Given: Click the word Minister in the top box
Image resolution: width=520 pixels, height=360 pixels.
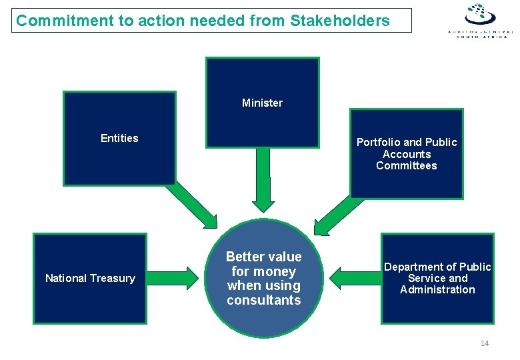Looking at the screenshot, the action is tap(262, 103).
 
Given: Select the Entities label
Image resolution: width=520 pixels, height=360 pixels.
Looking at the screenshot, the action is tap(119, 138).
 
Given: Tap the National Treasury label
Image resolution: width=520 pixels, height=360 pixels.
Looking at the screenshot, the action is tap(90, 278).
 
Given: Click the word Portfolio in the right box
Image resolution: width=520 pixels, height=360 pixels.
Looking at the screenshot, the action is tap(379, 142).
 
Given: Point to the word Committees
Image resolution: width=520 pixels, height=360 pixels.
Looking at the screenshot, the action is tap(407, 166).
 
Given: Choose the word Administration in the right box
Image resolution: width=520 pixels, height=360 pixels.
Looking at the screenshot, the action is tap(437, 290).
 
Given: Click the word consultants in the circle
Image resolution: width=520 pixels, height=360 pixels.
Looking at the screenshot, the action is tap(264, 301).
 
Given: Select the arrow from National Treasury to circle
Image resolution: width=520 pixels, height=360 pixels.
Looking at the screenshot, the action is tap(177, 277).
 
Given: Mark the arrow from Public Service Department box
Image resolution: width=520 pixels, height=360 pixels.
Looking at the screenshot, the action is tap(353, 277).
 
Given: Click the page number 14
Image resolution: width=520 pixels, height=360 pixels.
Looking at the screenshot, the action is tap(485, 343).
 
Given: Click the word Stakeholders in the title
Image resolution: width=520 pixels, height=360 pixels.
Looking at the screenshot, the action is tap(340, 21).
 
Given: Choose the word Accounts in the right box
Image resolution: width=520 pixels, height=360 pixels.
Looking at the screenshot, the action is tap(407, 154).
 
